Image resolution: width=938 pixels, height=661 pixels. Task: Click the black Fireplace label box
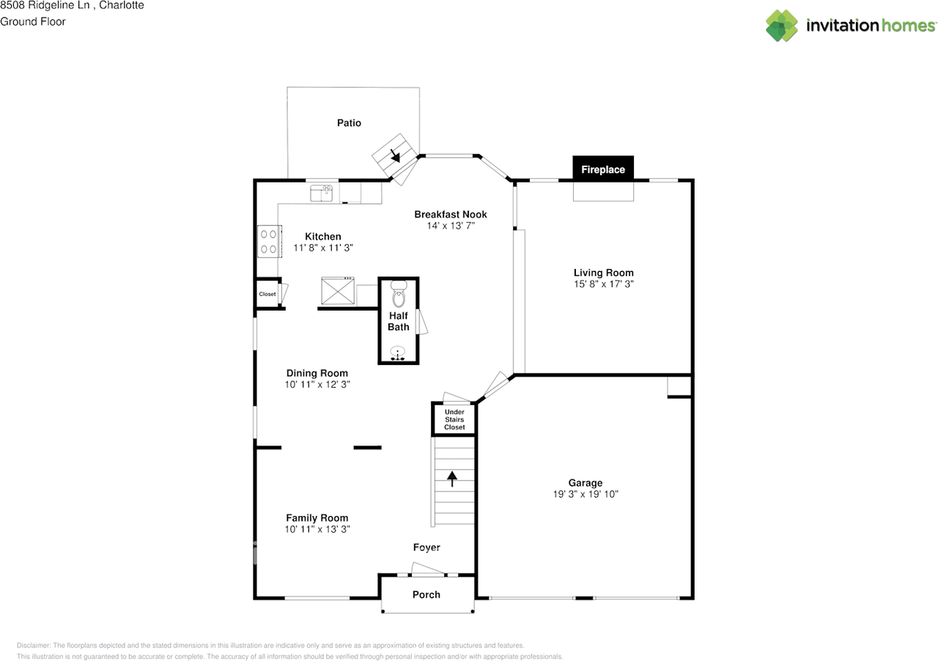point(603,169)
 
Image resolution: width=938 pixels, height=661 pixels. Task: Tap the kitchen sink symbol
point(321,193)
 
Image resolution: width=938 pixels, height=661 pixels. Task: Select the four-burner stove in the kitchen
point(269,241)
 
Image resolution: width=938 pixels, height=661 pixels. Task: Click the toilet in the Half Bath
point(399,294)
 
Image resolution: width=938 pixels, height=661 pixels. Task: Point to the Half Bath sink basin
point(397,352)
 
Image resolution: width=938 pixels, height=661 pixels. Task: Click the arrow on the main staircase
point(452,479)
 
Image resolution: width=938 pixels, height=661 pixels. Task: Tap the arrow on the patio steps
point(395,155)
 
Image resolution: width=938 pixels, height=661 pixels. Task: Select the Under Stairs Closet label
point(454,419)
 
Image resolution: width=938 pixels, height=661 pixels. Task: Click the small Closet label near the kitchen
point(267,294)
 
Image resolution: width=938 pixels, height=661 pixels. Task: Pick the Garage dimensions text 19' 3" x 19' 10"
point(586,494)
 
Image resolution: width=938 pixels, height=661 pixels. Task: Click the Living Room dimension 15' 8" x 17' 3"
point(603,284)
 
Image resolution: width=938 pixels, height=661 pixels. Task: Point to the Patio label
point(349,122)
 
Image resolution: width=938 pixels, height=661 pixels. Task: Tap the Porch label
point(426,595)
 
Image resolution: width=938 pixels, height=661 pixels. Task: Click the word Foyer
point(426,547)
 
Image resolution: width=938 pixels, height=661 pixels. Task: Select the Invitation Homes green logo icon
point(782,26)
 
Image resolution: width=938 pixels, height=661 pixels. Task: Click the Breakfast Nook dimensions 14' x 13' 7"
point(451,226)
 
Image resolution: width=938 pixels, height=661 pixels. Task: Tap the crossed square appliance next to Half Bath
point(338,290)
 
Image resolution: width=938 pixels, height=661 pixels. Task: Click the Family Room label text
point(317,518)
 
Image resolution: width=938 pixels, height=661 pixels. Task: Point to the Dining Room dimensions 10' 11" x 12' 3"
point(317,385)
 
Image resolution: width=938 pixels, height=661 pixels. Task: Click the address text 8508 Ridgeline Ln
point(45,5)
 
